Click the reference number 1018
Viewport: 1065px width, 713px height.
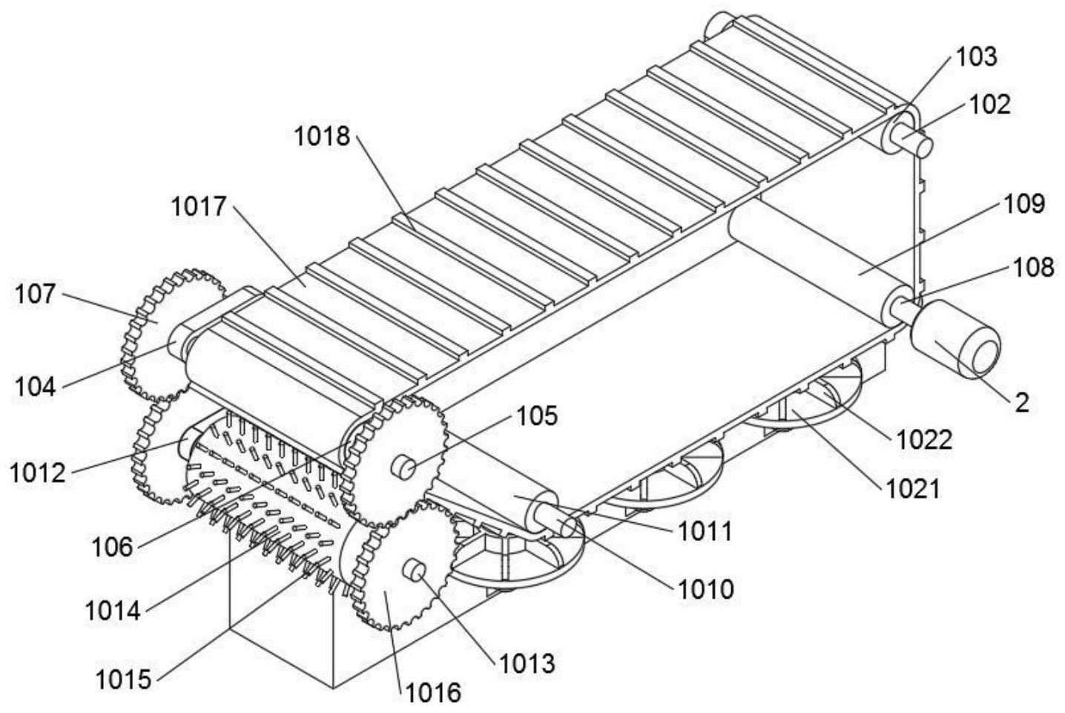point(321,136)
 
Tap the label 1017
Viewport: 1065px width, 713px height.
point(199,206)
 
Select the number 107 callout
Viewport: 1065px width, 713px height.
point(35,295)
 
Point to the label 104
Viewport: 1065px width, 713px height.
point(36,386)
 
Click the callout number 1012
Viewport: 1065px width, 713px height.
point(37,473)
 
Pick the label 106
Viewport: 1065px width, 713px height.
point(112,548)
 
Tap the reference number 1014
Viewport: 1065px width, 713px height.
point(112,611)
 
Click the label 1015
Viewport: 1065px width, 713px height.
point(123,678)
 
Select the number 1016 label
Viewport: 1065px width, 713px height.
point(432,692)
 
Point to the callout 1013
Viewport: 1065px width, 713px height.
point(527,663)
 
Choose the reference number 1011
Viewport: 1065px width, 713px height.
point(704,531)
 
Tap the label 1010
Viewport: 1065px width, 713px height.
point(705,589)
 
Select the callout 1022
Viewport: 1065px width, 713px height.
point(924,440)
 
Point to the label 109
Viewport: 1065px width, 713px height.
point(1023,203)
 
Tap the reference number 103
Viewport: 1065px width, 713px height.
point(976,56)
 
